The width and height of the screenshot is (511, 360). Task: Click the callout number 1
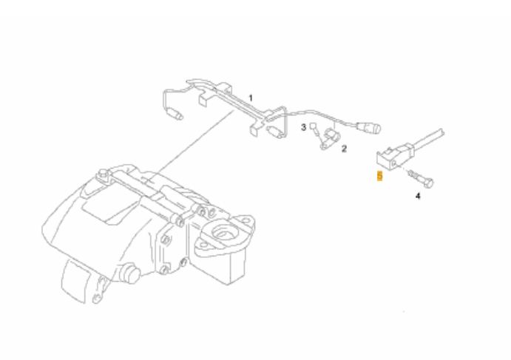251,98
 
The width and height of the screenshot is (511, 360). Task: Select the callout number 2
344,149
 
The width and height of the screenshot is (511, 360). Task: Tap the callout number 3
303,127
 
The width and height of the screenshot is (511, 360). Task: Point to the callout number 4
418,196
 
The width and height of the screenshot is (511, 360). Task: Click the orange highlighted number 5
379,176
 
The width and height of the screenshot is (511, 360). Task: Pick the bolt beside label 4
421,179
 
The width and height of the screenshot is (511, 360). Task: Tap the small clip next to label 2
330,138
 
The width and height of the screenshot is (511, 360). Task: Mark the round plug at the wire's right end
369,128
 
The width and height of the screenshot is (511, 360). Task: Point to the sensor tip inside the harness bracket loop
275,132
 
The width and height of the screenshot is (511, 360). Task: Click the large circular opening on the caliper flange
223,231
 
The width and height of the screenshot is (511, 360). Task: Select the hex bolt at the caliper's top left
104,174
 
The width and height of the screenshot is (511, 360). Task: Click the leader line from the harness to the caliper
194,143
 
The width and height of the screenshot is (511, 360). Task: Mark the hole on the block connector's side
394,163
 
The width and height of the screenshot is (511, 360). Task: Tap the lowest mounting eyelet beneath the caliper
96,298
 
